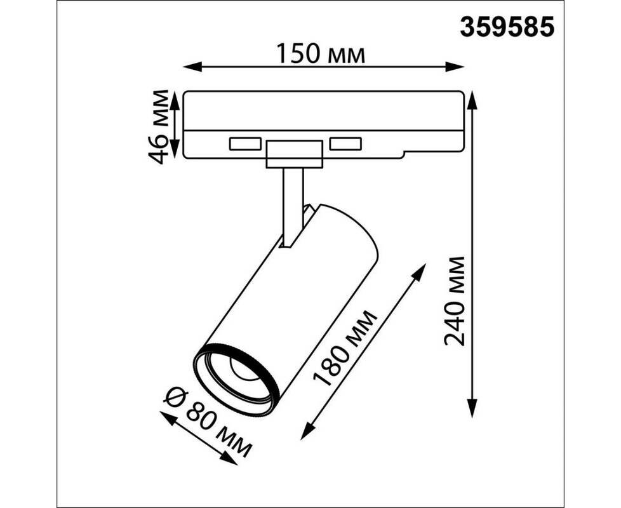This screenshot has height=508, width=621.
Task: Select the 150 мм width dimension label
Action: (320, 54)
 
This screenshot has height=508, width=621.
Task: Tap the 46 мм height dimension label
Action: (158, 127)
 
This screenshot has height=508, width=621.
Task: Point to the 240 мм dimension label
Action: (454, 301)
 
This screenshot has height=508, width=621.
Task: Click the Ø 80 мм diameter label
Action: (208, 422)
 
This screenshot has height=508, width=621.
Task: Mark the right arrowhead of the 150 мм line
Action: (454, 67)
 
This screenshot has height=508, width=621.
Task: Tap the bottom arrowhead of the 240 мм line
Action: (471, 408)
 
